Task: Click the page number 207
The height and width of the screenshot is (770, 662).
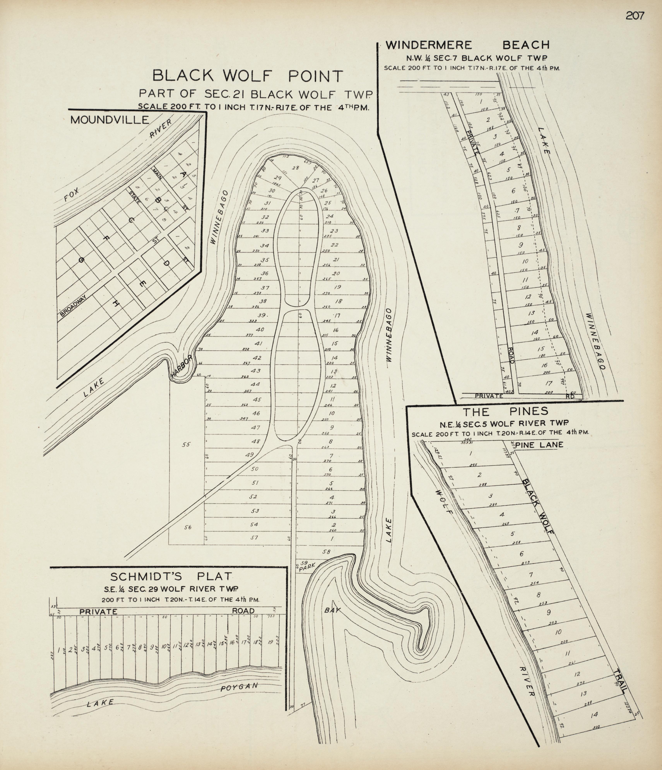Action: coord(635,16)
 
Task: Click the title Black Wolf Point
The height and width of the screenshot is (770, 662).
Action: coord(248,76)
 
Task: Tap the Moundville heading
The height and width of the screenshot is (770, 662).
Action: coord(109,120)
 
